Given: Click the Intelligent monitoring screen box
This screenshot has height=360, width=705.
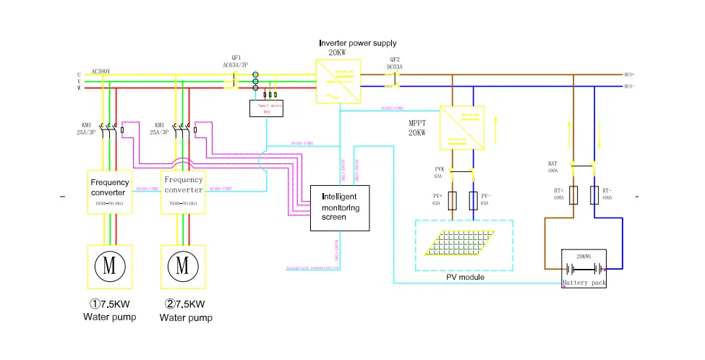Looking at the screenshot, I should (340, 208).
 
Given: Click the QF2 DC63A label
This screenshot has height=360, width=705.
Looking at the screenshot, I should (395, 64).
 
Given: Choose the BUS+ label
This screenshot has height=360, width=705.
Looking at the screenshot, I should (628, 74).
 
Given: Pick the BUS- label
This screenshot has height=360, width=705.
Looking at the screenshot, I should (628, 86).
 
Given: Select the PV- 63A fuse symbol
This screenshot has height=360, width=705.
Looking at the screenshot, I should (473, 200).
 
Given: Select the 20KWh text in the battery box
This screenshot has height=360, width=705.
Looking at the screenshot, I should (585, 257).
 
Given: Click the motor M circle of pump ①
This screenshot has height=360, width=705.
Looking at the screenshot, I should (108, 265).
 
